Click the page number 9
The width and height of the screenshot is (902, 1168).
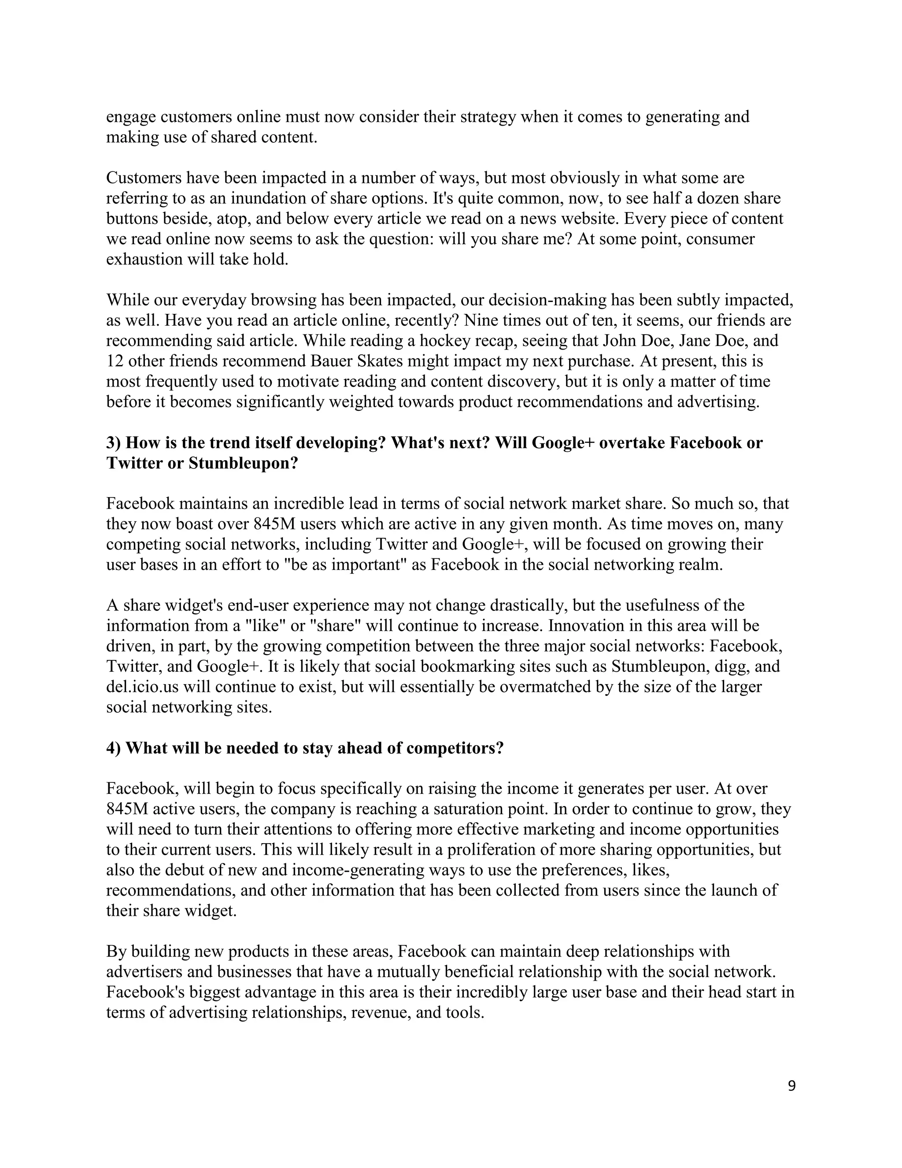791,1086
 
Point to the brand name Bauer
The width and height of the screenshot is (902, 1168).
328,361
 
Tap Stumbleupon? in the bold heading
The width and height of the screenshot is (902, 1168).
243,463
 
